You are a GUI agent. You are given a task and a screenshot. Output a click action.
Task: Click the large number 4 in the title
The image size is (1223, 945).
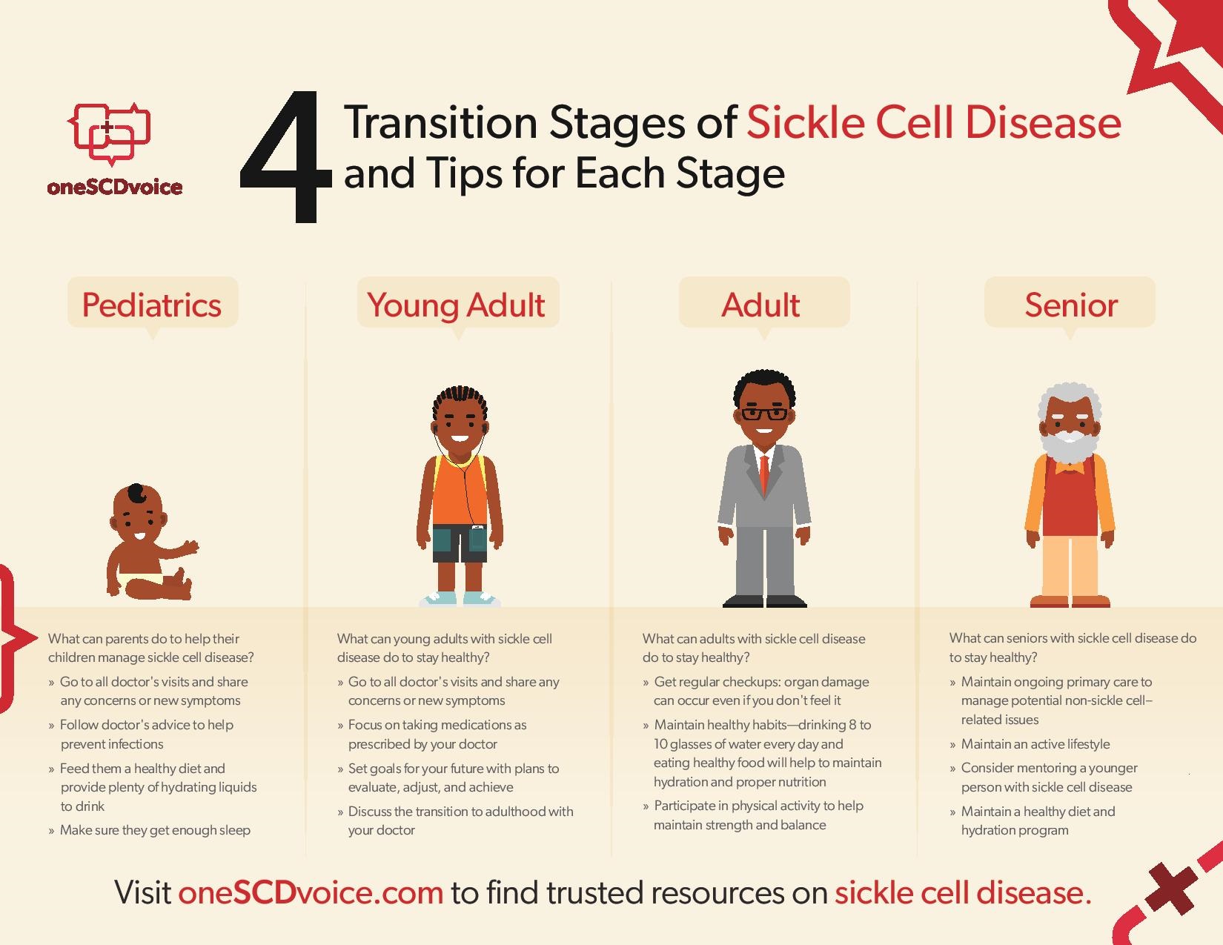(x=286, y=157)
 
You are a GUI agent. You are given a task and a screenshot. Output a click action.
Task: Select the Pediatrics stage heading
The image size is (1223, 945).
(x=152, y=305)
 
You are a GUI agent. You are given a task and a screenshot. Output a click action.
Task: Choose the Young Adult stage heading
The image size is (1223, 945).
(x=456, y=306)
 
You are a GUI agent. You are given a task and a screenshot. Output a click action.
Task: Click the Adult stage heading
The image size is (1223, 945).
(x=761, y=305)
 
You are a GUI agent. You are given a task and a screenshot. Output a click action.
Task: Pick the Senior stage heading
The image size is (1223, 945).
(x=1071, y=305)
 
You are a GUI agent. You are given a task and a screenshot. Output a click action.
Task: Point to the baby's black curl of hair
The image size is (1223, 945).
(x=137, y=494)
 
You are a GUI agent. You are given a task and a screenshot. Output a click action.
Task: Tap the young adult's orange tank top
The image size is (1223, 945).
(x=460, y=490)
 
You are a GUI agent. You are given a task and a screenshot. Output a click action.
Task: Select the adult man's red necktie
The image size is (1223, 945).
(x=763, y=474)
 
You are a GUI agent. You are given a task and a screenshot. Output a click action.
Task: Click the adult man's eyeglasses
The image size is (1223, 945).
(x=764, y=414)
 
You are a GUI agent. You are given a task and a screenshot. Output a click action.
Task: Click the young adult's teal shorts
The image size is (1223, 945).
(x=460, y=543)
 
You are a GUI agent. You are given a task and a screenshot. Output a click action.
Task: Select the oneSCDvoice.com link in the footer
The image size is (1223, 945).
(x=311, y=892)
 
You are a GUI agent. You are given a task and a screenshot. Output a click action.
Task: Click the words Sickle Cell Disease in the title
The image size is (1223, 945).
(x=934, y=122)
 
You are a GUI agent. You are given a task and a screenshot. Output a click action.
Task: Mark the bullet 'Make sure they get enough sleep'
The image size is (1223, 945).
(x=150, y=830)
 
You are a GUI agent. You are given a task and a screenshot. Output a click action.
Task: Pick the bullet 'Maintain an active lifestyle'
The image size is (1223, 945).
(x=1030, y=744)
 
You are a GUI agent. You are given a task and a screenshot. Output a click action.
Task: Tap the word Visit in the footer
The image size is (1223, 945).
(x=142, y=892)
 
